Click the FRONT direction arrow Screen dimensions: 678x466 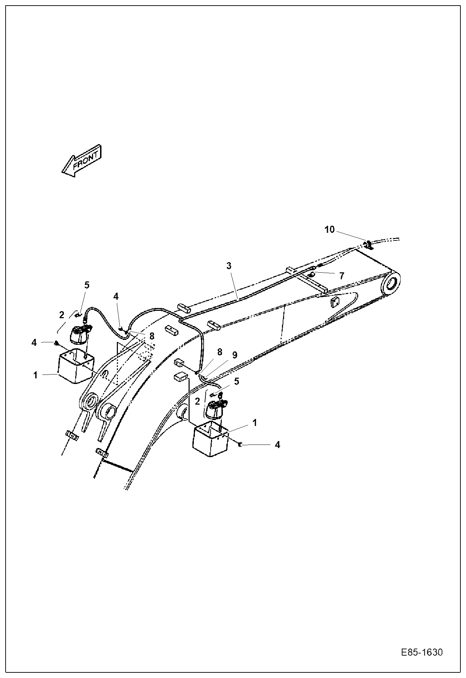click(82, 161)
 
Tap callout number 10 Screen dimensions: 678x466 click(330, 230)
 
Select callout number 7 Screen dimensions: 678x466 click(341, 275)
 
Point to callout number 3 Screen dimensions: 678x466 click(228, 266)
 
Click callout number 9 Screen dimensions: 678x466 click(234, 355)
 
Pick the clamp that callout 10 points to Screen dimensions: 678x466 click(369, 245)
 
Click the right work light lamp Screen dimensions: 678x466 click(215, 409)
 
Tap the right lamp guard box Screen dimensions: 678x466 click(210, 439)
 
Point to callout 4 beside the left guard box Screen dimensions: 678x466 click(34, 342)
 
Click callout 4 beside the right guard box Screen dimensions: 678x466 click(277, 445)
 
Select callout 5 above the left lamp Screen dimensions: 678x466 click(86, 285)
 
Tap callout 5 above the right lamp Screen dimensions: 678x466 click(236, 381)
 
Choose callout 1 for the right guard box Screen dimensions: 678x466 click(255, 422)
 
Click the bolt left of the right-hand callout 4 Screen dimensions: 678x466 click(240, 445)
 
